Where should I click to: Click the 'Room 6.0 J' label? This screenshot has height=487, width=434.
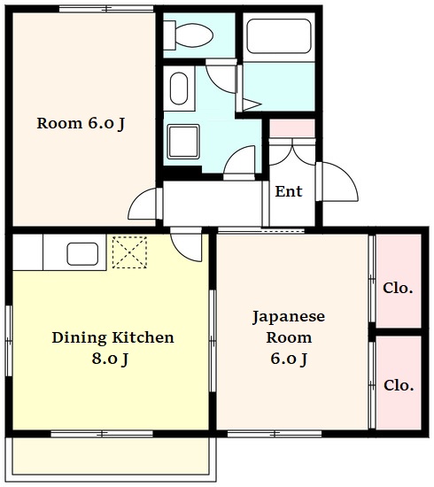tap(81, 123)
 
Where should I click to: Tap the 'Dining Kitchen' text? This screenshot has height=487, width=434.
tap(112, 337)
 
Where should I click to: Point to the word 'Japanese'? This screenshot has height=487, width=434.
tap(289, 317)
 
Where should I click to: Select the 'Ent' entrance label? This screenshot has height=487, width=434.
tap(289, 191)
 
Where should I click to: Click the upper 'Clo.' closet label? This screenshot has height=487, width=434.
tap(398, 288)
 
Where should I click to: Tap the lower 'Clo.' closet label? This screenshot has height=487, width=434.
tap(399, 385)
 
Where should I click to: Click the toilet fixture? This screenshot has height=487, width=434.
tap(189, 35)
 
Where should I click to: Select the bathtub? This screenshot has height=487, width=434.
tap(279, 36)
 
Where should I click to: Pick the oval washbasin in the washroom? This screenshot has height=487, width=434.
tap(179, 89)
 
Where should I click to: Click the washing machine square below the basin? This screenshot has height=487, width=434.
tap(183, 142)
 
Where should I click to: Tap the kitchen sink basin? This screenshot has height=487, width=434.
tap(82, 254)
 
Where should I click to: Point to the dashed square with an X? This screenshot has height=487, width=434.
tap(129, 252)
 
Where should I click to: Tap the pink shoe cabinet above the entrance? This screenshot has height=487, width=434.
tap(291, 128)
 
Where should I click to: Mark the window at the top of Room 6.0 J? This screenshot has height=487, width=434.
tap(106, 10)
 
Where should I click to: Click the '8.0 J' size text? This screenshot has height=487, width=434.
tap(110, 359)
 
